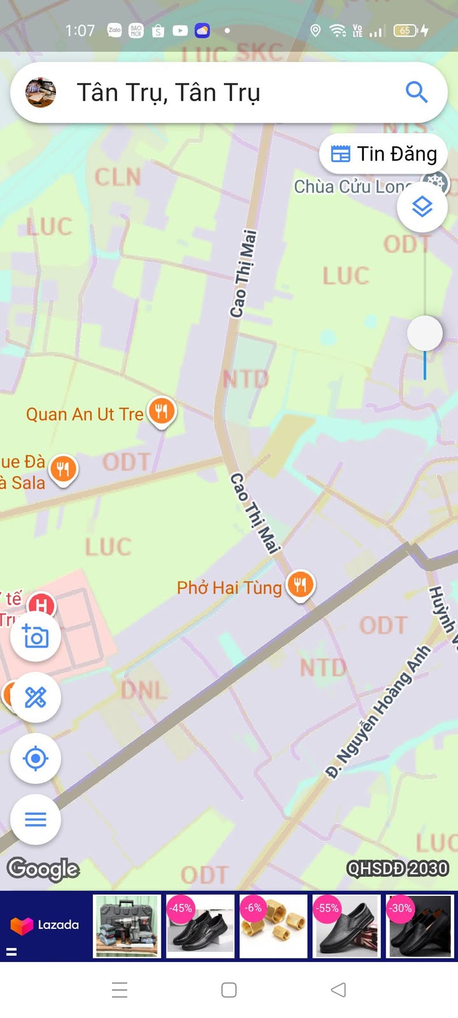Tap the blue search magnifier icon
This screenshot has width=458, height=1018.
click(416, 92)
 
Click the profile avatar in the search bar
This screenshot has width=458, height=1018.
click(41, 93)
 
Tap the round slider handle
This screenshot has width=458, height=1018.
click(425, 333)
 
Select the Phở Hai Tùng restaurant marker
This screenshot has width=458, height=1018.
click(300, 585)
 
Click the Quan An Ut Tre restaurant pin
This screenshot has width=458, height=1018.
click(162, 411)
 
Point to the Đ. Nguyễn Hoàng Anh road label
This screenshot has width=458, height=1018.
click(378, 711)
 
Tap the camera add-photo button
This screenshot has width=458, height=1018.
click(36, 636)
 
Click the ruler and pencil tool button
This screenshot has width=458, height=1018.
click(36, 697)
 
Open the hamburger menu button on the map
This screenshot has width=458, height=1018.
click(36, 819)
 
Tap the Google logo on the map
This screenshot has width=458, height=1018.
click(43, 868)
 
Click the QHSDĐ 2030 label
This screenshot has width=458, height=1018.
click(398, 868)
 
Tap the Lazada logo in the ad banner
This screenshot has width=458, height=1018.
click(45, 925)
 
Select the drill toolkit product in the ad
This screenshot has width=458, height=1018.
click(127, 926)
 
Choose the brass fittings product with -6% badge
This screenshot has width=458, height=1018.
click(274, 926)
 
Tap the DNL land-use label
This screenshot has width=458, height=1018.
click(144, 690)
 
